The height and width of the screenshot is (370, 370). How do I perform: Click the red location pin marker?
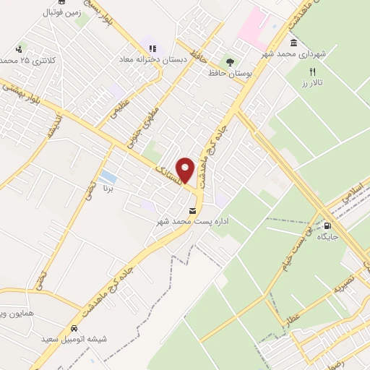pyautogui.click(x=186, y=171)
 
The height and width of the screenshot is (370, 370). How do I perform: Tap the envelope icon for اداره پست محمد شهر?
pyautogui.click(x=192, y=211)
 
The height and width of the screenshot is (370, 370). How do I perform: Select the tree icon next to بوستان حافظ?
pyautogui.click(x=231, y=62)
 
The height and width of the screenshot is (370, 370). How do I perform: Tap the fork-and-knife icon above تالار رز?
pyautogui.click(x=313, y=72)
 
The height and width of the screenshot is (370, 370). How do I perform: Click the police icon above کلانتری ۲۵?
pyautogui.click(x=18, y=49)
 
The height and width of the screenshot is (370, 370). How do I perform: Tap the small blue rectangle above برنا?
pyautogui.click(x=108, y=176)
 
